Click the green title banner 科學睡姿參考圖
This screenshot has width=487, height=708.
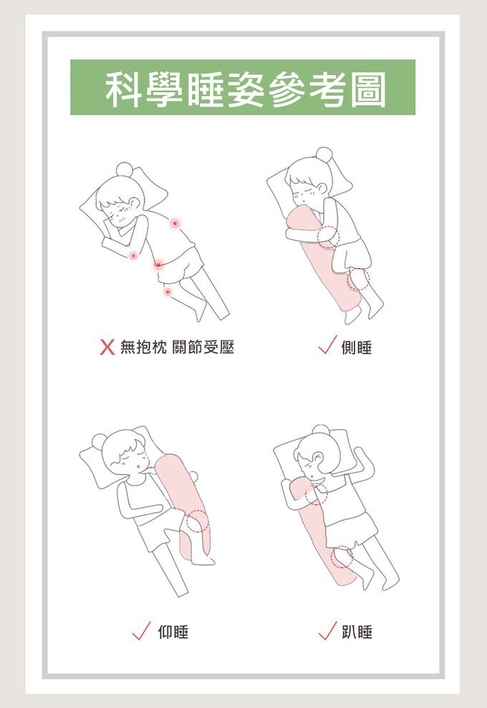[242, 87]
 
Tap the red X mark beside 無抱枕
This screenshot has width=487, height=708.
[107, 348]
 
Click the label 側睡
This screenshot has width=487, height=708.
[357, 348]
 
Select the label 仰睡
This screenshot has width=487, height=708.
[173, 631]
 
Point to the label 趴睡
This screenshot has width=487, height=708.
[357, 631]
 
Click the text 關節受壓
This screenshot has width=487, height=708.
[203, 348]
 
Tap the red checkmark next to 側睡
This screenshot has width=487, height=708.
[327, 345]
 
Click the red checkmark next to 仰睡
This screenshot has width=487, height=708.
[141, 630]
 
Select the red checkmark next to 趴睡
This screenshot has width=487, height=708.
[327, 630]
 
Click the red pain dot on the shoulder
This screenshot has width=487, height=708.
[175, 223]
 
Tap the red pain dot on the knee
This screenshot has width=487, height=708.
[168, 292]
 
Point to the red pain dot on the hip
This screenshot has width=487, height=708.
[158, 264]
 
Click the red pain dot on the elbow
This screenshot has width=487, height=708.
[133, 255]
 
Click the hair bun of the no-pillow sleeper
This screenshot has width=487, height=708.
[125, 170]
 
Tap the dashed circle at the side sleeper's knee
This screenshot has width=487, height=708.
[359, 280]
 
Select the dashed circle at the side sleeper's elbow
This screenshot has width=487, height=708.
[328, 237]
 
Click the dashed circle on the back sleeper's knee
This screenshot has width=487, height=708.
[197, 521]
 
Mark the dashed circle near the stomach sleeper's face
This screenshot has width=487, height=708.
[316, 493]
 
